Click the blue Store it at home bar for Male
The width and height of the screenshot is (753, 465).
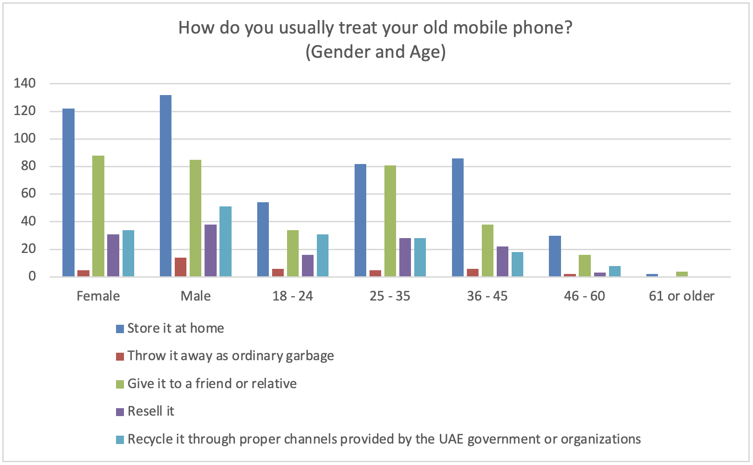(x=165, y=186)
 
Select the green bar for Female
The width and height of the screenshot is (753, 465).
(x=98, y=216)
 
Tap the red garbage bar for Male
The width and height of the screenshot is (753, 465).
(x=180, y=267)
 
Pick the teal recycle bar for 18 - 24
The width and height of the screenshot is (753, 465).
(x=322, y=255)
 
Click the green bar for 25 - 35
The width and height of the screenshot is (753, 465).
(x=390, y=221)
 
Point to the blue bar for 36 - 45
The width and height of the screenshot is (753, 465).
(x=458, y=218)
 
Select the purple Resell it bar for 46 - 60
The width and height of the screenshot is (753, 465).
(x=600, y=274)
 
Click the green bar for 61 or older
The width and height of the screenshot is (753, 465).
(x=682, y=274)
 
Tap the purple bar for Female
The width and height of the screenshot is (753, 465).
(x=113, y=255)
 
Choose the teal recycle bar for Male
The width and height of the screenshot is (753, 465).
(x=226, y=241)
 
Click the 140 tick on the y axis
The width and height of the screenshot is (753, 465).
(x=25, y=83)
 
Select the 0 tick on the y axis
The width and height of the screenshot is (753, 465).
(x=32, y=276)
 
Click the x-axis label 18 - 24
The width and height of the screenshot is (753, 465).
(x=293, y=296)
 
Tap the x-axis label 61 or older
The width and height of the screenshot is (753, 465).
(x=681, y=296)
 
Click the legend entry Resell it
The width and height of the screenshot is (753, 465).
(x=151, y=411)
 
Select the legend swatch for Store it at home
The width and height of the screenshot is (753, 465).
(x=120, y=329)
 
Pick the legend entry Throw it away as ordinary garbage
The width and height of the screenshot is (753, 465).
(x=230, y=356)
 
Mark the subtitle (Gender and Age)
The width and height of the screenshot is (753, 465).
(x=376, y=52)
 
